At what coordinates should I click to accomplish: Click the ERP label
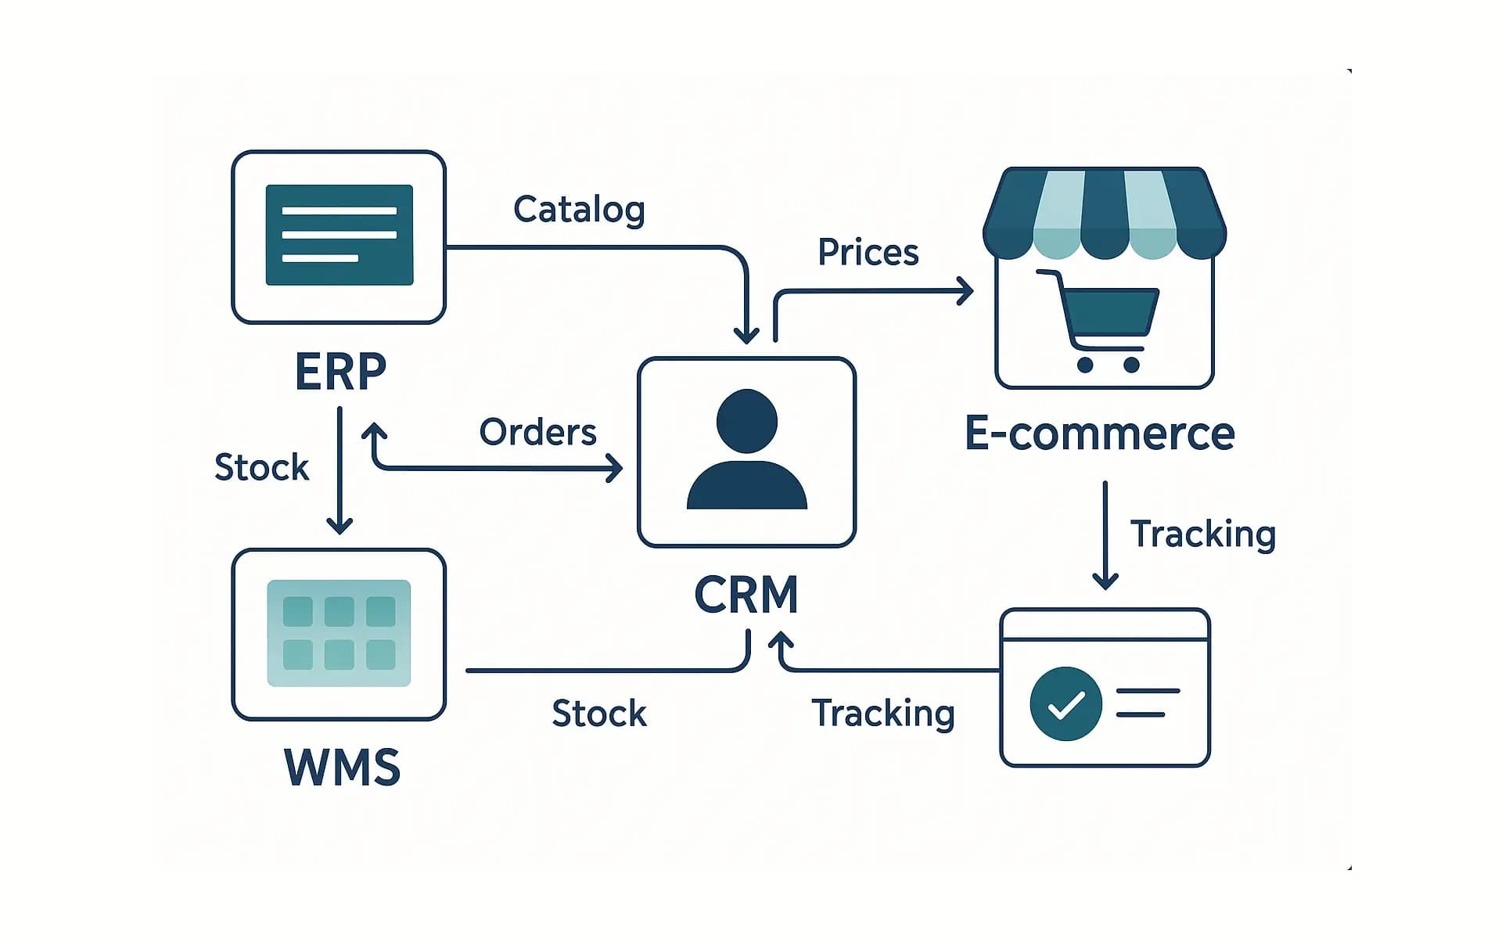click(x=340, y=372)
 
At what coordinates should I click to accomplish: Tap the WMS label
click(x=342, y=767)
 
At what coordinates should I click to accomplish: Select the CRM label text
click(x=746, y=595)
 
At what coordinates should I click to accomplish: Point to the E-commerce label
click(x=1099, y=434)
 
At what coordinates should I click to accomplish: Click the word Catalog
click(x=579, y=210)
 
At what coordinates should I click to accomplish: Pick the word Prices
click(x=868, y=253)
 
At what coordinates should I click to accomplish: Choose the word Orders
click(x=537, y=432)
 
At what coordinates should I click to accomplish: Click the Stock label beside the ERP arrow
click(x=261, y=467)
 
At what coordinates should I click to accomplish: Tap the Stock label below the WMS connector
click(x=599, y=714)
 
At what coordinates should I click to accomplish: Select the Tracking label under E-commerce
click(x=1202, y=534)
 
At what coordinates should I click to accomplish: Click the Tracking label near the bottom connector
click(x=883, y=714)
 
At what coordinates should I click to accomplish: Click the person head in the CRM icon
click(x=746, y=421)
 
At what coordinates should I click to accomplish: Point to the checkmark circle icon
click(x=1065, y=703)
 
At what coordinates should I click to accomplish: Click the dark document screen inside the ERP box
click(x=340, y=235)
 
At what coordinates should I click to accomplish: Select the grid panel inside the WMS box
click(x=339, y=633)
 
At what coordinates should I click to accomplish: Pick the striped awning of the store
click(x=1104, y=213)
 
